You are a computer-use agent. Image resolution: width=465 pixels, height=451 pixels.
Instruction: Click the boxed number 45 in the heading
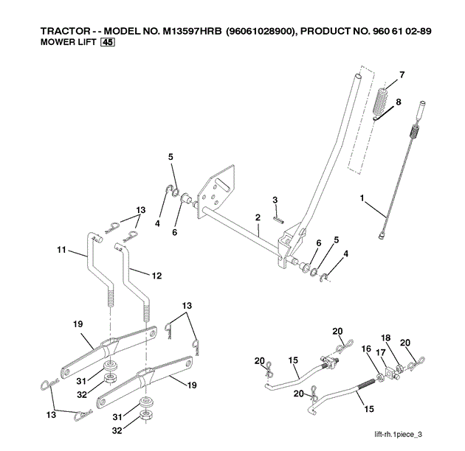point(108,43)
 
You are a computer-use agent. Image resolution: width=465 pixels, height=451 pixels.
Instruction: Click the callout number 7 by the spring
point(402,75)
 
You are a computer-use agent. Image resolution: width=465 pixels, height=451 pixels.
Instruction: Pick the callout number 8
point(399,102)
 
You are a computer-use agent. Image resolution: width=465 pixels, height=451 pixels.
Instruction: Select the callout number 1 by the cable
point(362,197)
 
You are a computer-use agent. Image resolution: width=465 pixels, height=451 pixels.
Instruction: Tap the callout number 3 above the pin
point(275,200)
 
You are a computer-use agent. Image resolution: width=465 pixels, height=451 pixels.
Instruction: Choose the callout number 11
point(62,251)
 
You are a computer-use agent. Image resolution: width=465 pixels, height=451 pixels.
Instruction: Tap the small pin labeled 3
point(277,217)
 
